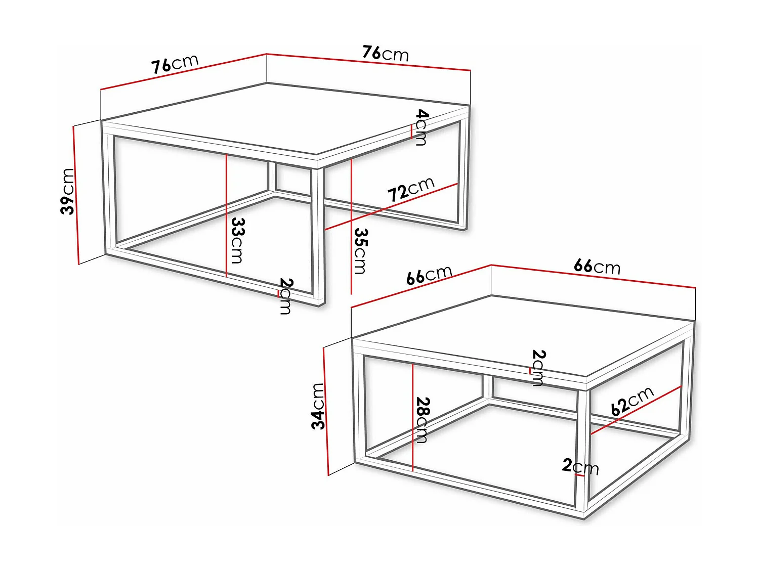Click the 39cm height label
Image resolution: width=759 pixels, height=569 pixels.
[67, 191]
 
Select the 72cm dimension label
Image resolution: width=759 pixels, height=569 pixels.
[411, 189]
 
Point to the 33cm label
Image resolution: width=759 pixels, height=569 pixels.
[237, 240]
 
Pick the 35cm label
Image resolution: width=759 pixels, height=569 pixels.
[360, 251]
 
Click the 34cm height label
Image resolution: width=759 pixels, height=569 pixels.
[318, 406]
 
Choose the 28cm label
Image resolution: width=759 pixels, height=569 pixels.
[421, 420]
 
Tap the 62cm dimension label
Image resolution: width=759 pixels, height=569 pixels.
[632, 401]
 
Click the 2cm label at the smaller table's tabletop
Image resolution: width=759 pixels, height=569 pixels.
[538, 367]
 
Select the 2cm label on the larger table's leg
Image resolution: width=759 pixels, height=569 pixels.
[285, 296]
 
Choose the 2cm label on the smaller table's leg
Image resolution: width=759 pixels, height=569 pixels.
[580, 466]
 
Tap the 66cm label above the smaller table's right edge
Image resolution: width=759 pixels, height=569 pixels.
[597, 266]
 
